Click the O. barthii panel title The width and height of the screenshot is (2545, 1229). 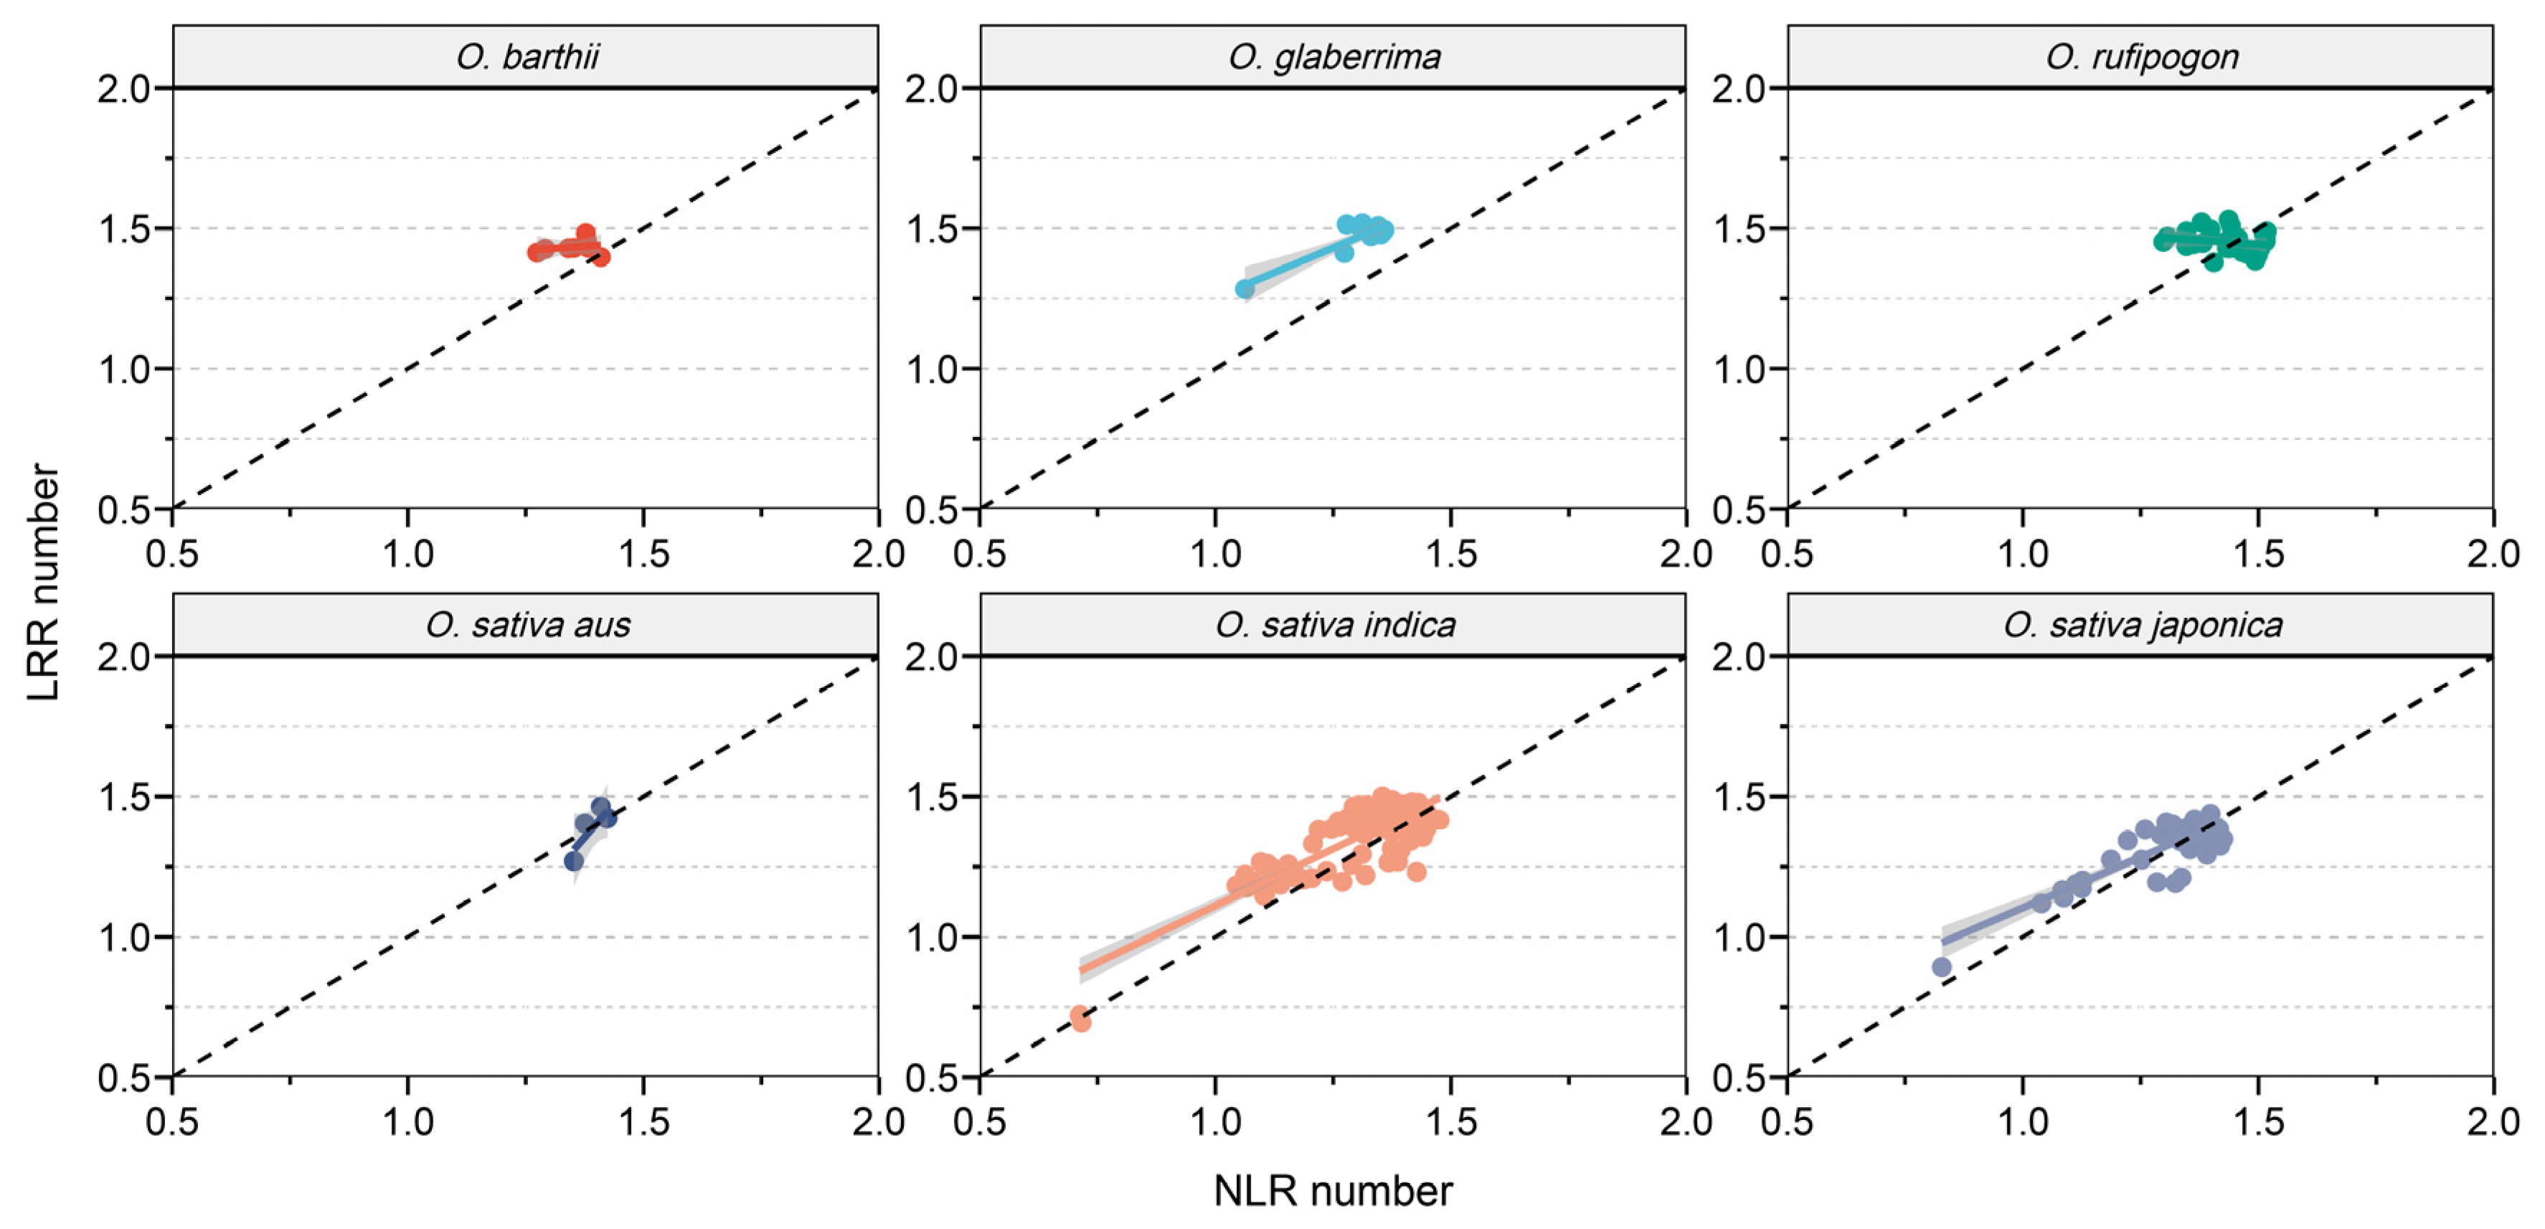(x=527, y=57)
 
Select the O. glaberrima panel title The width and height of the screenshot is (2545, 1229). (x=1333, y=57)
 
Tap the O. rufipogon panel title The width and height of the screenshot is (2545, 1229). (x=2141, y=57)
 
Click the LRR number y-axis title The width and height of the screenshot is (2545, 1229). (x=44, y=583)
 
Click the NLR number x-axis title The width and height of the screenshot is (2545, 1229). (x=1332, y=1190)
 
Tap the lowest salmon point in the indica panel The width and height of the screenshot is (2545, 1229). (x=1081, y=1020)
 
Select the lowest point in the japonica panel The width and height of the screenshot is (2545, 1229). (x=1941, y=967)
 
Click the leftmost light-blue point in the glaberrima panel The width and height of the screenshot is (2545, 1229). (x=1245, y=289)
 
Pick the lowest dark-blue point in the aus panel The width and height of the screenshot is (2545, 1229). (x=574, y=862)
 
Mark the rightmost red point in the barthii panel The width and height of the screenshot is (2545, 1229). (x=600, y=257)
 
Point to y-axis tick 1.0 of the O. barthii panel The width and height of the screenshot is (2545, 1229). (x=123, y=369)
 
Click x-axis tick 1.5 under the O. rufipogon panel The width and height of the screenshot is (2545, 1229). (x=2259, y=553)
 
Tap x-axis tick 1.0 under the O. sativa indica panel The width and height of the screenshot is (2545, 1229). (x=1215, y=1121)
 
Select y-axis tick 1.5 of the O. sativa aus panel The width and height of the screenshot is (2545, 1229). (x=123, y=797)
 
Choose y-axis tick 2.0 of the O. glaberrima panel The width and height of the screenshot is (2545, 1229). (x=930, y=89)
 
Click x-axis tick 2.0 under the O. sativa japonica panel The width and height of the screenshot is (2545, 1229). (x=2492, y=1121)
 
